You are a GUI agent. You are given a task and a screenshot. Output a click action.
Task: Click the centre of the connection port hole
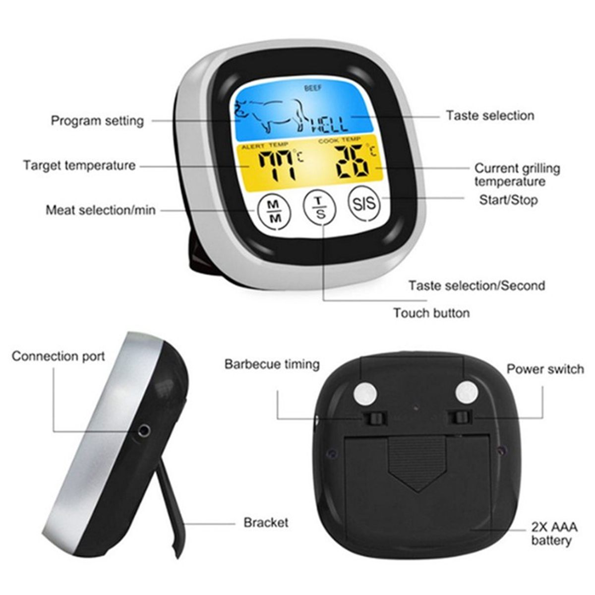click(x=144, y=430)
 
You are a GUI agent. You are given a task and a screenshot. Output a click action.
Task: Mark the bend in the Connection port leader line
click(x=54, y=432)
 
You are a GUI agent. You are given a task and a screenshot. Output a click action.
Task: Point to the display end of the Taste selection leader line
click(x=352, y=117)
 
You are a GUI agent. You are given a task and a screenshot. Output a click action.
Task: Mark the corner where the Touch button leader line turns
click(x=323, y=299)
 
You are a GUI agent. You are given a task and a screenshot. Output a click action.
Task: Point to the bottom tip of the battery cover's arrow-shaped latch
click(x=417, y=491)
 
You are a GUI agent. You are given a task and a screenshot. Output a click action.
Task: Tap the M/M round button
click(x=274, y=212)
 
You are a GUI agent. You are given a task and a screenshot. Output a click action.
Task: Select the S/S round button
click(x=364, y=203)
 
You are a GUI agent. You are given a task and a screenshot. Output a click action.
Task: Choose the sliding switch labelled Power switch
click(x=460, y=418)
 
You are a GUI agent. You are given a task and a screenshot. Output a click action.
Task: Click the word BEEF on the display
click(x=313, y=88)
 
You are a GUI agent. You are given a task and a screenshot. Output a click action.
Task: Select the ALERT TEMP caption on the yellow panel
click(x=265, y=145)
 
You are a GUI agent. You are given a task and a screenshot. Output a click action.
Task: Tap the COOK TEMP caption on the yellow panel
click(x=340, y=140)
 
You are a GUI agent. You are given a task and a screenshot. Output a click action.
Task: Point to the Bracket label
click(x=266, y=523)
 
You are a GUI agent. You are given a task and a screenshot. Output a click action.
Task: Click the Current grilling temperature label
click(x=517, y=175)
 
